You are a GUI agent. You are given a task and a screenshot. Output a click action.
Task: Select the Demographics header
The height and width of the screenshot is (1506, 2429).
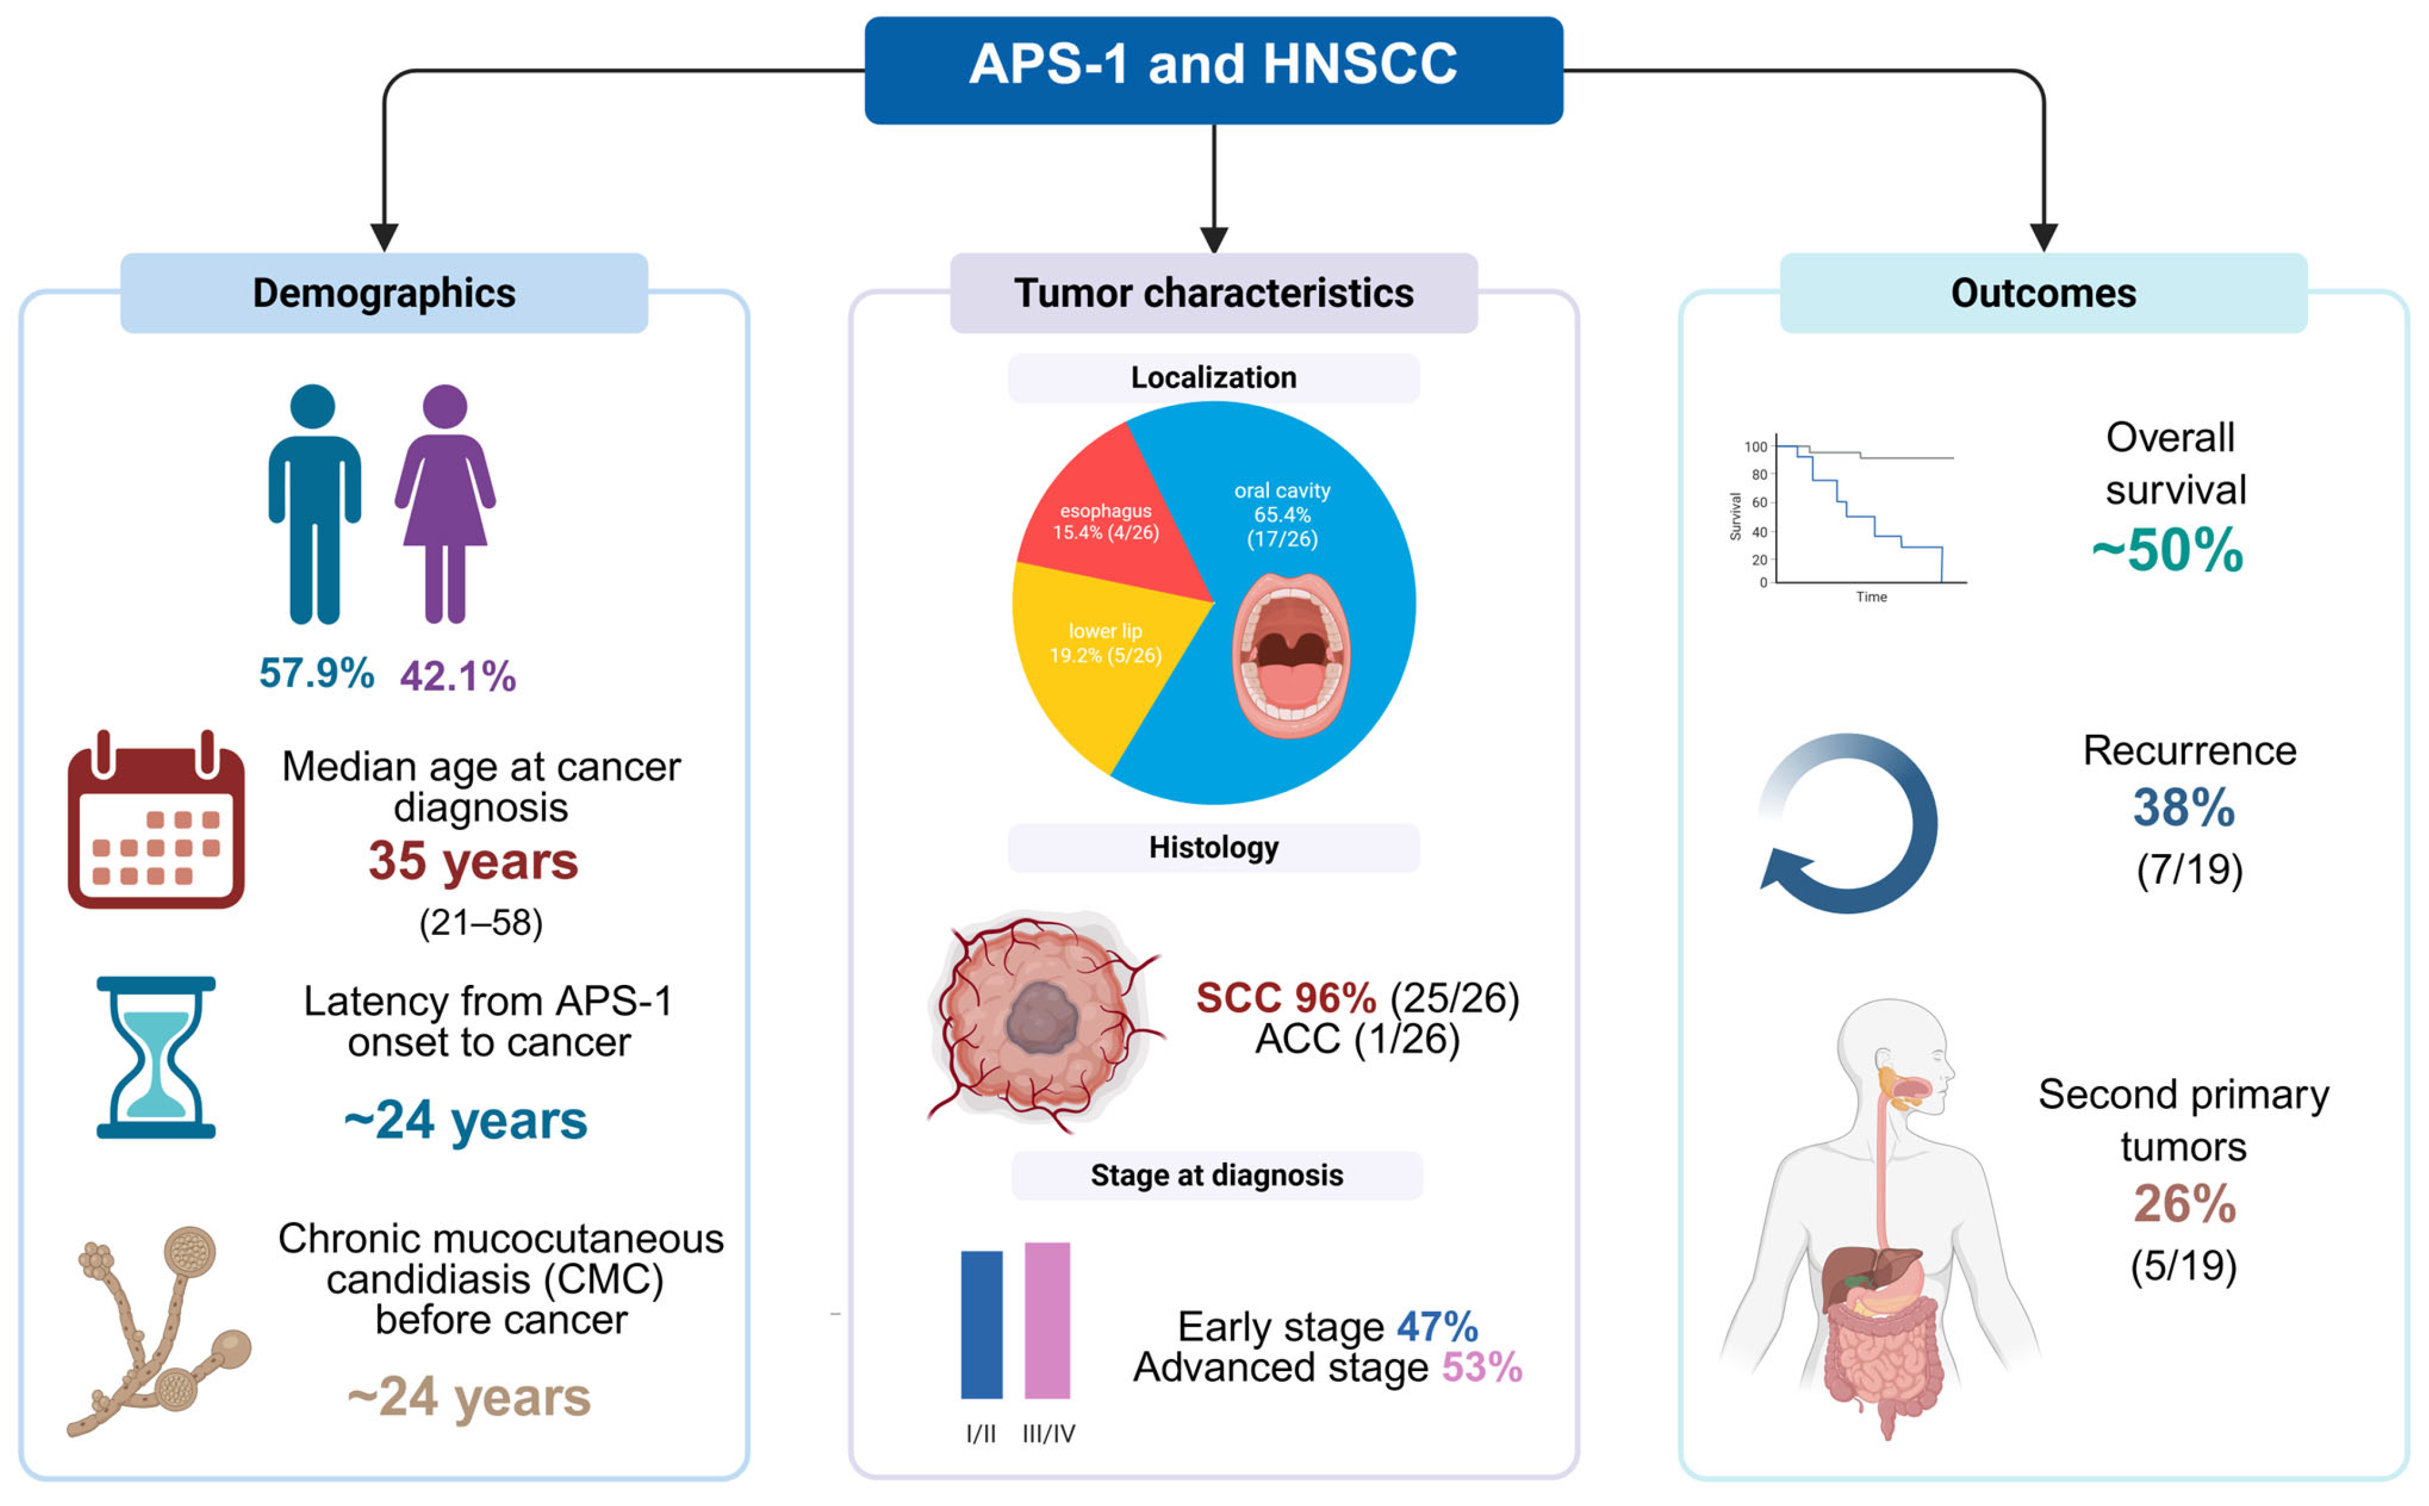384,293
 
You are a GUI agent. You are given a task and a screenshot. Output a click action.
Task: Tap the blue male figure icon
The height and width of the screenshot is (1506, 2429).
314,503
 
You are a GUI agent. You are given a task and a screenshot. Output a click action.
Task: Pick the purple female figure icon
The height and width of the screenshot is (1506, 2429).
445,503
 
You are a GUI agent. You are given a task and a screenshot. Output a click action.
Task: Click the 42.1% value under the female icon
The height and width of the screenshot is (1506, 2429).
458,676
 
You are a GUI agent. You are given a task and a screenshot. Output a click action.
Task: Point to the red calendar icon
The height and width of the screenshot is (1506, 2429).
156,820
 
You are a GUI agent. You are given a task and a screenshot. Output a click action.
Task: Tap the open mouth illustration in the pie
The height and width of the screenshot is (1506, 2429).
1291,655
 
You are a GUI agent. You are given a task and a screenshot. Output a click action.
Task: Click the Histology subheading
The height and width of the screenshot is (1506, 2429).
1213,848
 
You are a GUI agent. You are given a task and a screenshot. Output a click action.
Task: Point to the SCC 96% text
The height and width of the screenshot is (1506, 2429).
1285,998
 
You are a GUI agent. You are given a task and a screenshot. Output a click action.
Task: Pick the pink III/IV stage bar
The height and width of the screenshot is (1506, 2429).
1047,1320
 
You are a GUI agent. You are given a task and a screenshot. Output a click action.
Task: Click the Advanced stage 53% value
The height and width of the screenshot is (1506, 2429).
1482,1367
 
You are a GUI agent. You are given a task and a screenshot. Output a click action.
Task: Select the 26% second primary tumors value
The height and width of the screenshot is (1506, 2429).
2184,1203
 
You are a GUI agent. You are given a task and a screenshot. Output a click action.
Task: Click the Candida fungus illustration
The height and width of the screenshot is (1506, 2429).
160,1330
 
